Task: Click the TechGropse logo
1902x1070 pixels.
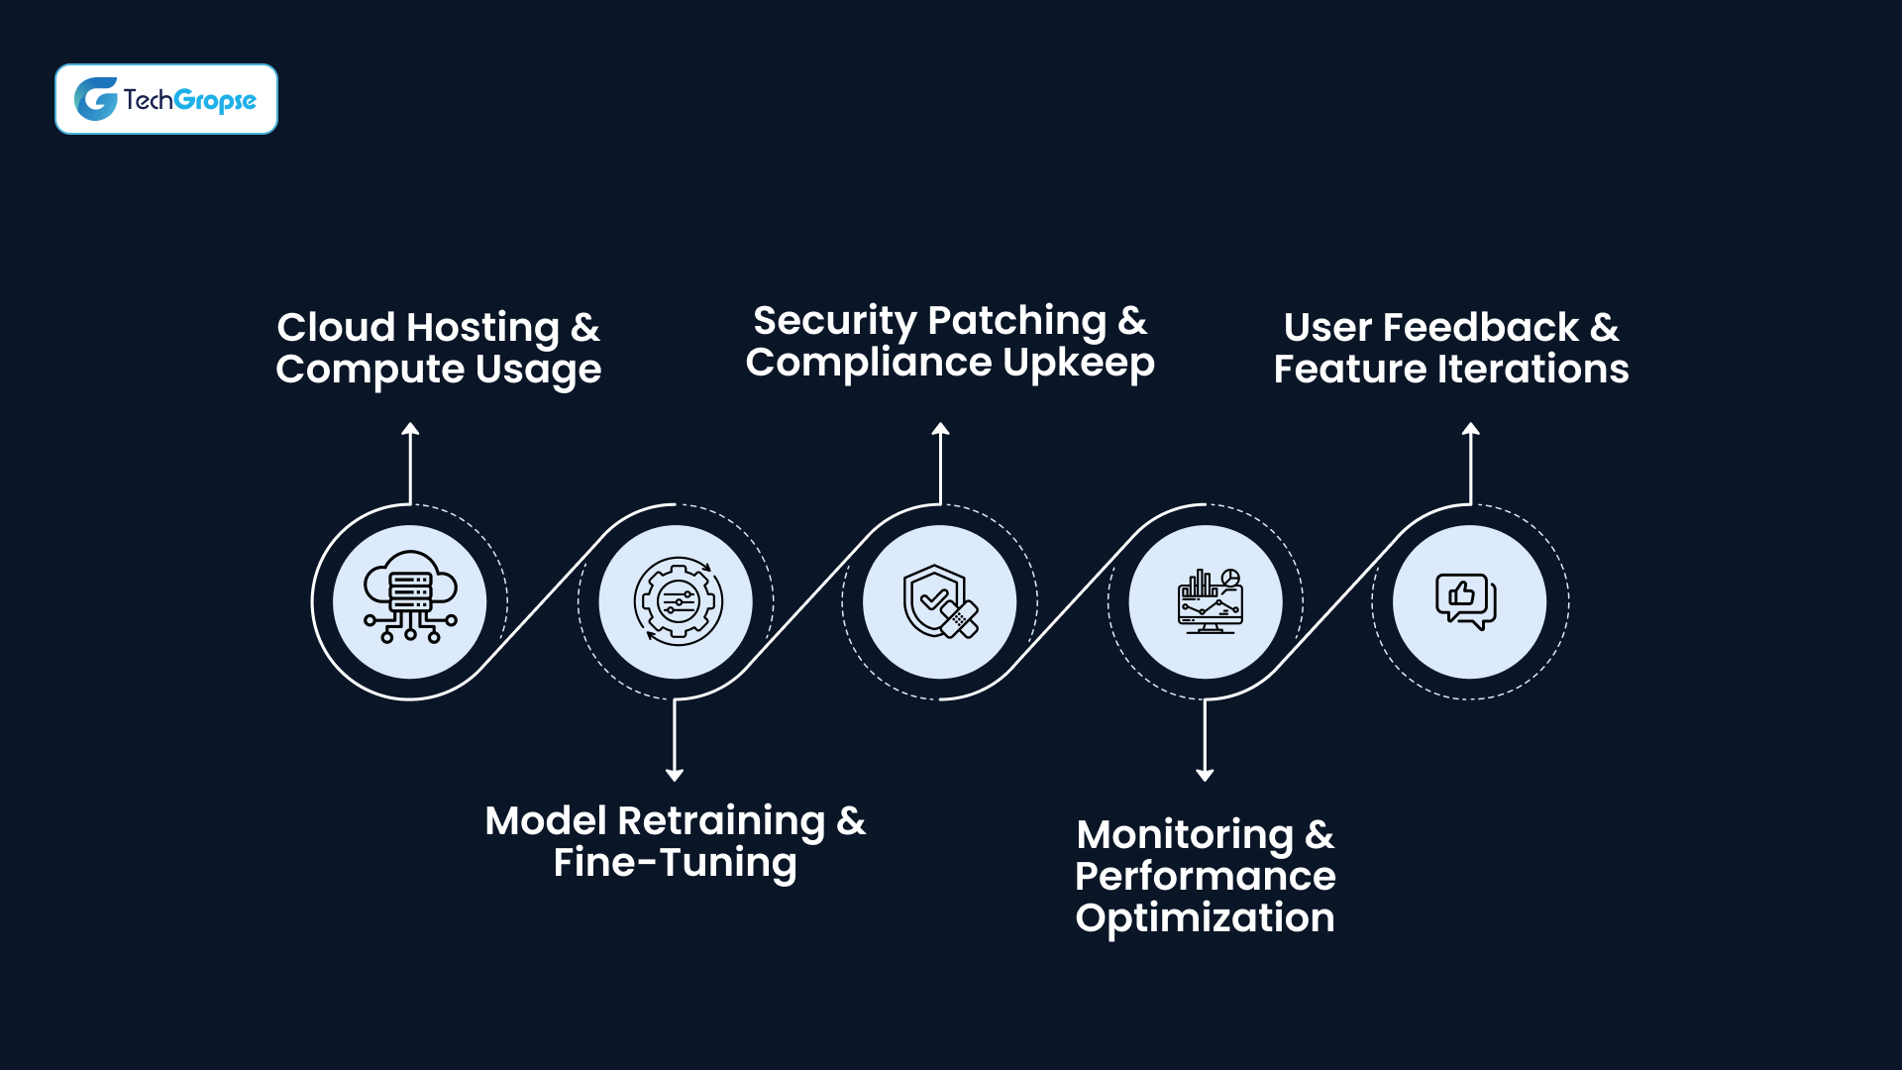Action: point(165,99)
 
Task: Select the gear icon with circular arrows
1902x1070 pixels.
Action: point(678,600)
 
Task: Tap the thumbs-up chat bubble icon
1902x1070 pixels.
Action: point(1466,600)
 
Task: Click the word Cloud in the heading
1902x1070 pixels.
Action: point(336,327)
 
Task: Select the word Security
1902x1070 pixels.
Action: point(834,321)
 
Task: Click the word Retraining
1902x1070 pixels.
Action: point(721,821)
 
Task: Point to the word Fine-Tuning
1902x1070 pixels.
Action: point(675,863)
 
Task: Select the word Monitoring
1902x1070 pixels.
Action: point(1185,835)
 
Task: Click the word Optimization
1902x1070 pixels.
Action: point(1205,918)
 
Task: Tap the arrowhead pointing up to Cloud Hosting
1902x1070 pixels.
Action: point(410,429)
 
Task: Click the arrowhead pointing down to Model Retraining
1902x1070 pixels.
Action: point(675,775)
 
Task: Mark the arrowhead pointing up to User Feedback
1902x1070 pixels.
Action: point(1471,429)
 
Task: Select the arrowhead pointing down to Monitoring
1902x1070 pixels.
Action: point(1205,775)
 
